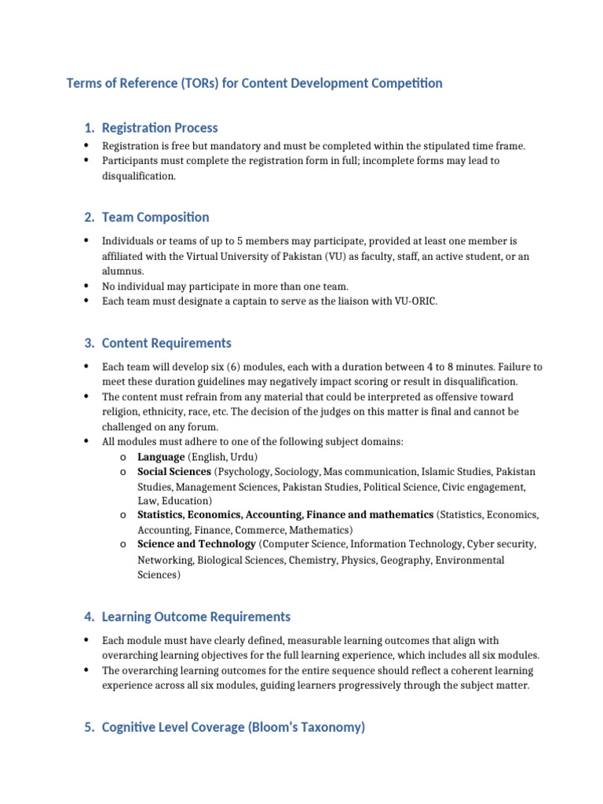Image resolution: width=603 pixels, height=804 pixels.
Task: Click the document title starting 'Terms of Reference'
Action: pyautogui.click(x=254, y=83)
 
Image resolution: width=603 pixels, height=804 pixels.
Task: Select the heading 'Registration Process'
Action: pyautogui.click(x=159, y=128)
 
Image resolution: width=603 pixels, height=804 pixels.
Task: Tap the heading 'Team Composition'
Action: pyautogui.click(x=155, y=217)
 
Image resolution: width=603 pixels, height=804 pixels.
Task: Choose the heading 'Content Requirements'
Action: pyautogui.click(x=166, y=343)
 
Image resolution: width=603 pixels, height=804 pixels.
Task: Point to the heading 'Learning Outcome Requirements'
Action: pyautogui.click(x=196, y=617)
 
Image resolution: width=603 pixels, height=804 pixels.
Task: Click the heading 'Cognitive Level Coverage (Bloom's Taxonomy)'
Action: pyautogui.click(x=233, y=728)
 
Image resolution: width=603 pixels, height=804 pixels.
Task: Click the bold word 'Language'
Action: pyautogui.click(x=161, y=457)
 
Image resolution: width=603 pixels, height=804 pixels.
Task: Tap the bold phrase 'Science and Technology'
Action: pyautogui.click(x=196, y=544)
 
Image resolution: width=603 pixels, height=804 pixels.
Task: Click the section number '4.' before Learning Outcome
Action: pyautogui.click(x=89, y=617)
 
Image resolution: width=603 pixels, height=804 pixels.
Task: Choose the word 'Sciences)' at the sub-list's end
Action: pyautogui.click(x=159, y=575)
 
